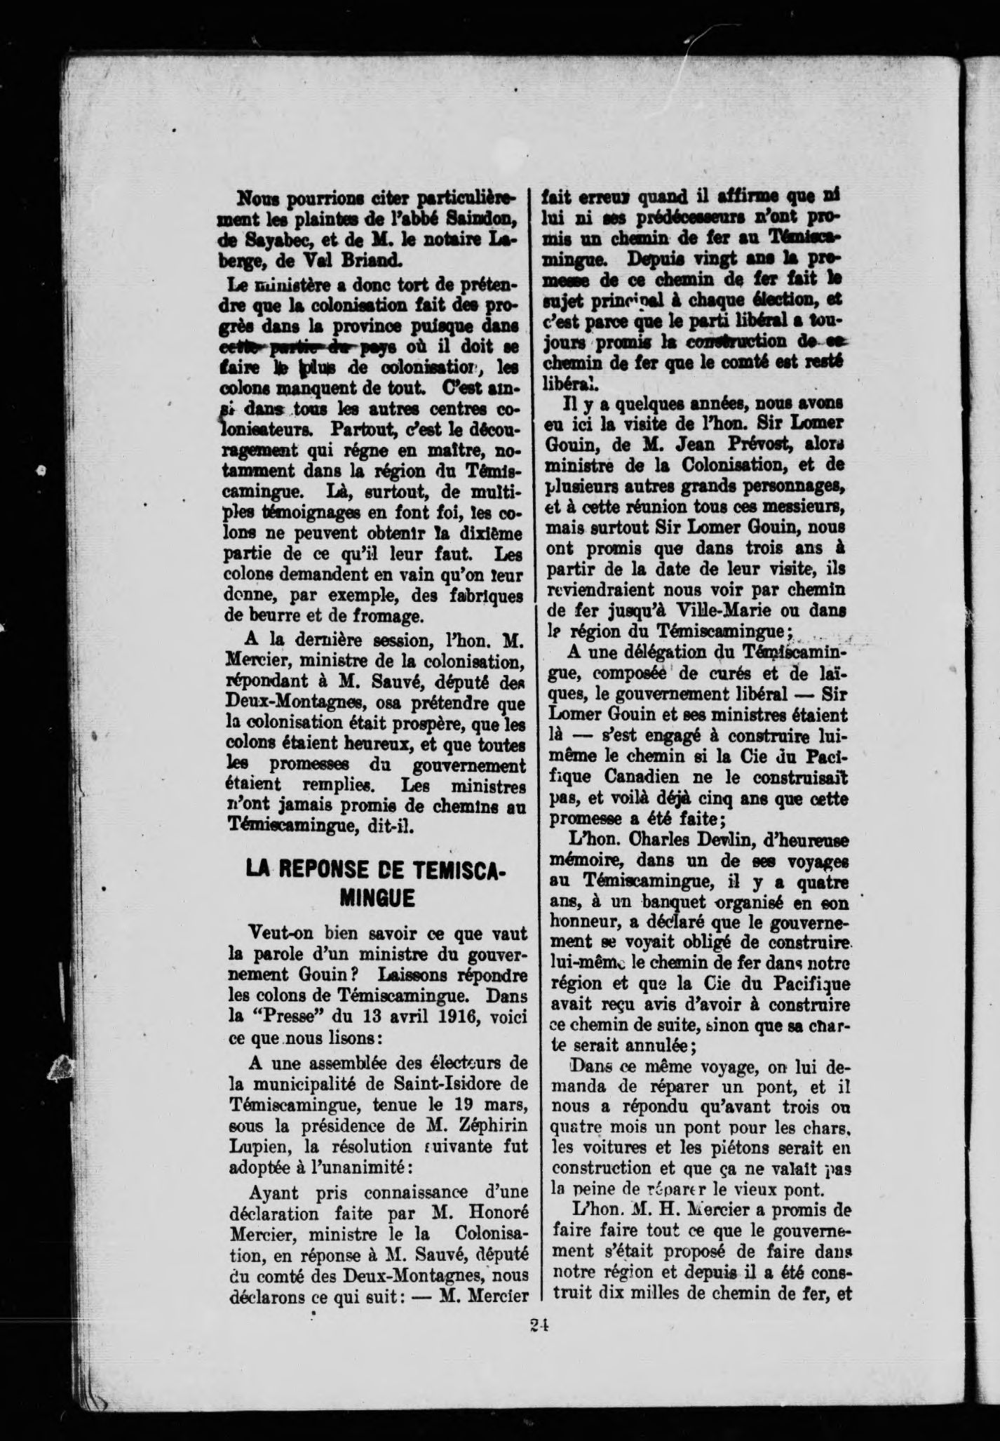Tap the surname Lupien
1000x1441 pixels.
(257, 1146)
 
